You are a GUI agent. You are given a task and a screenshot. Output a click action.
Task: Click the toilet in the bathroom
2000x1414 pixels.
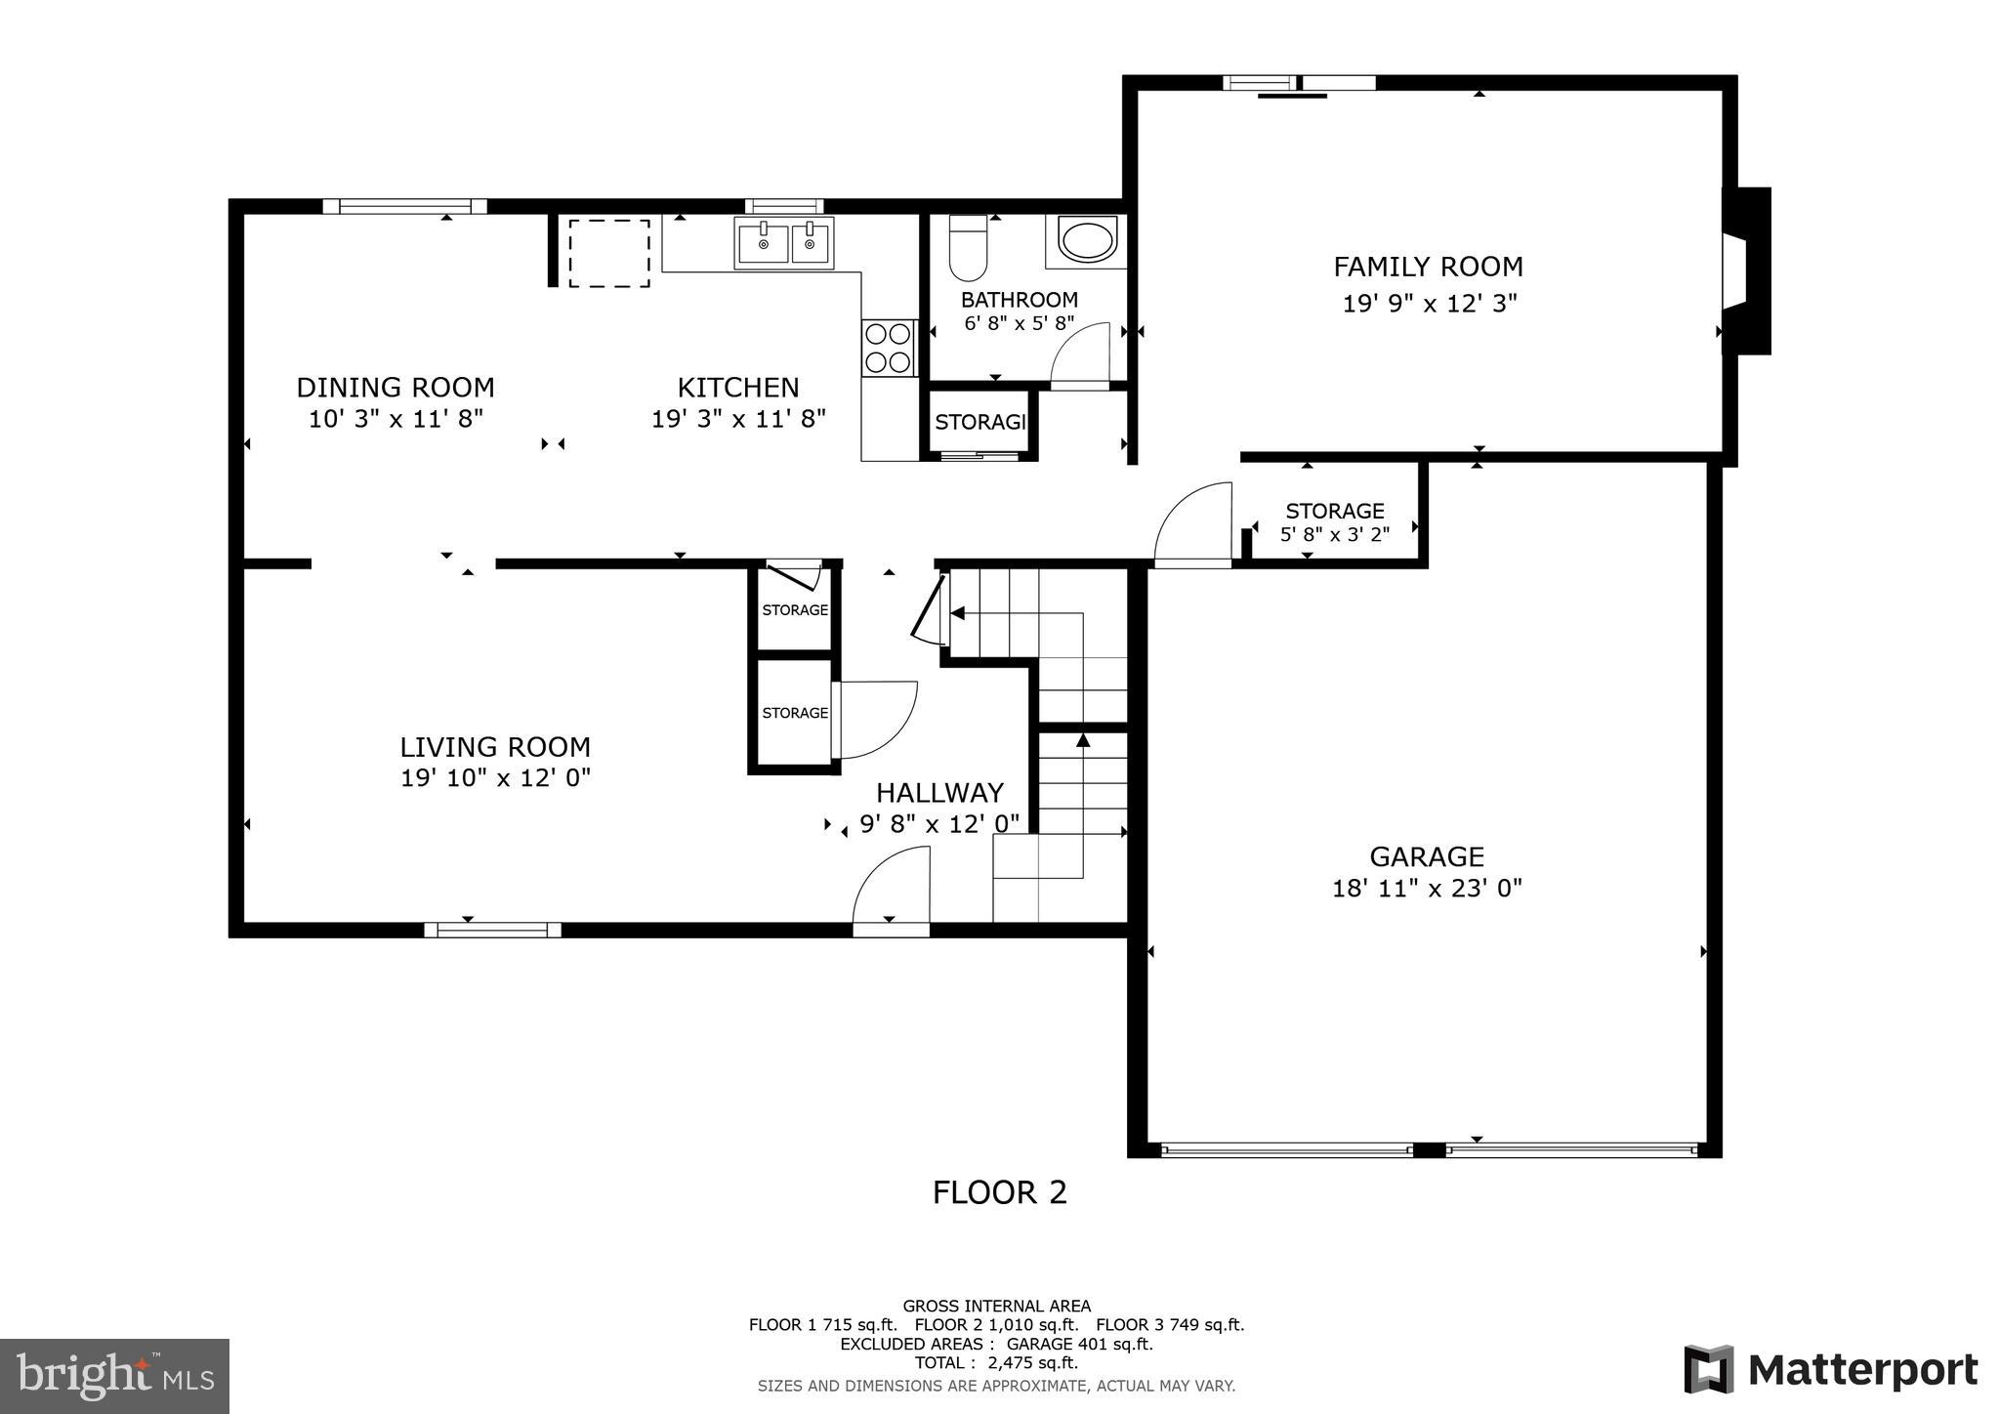coord(968,248)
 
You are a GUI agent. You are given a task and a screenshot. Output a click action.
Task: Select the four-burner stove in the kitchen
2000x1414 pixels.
coord(889,348)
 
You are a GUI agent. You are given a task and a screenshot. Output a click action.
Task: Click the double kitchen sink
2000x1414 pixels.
coord(784,243)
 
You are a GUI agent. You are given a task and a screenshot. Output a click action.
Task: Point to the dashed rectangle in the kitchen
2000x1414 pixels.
coord(609,253)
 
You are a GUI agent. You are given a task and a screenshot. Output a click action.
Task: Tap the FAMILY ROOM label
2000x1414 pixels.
coord(1428,267)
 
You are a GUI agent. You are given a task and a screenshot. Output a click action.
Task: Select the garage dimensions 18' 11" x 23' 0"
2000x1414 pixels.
coord(1427,889)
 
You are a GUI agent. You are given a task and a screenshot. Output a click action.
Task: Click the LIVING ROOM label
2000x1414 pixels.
coord(495,747)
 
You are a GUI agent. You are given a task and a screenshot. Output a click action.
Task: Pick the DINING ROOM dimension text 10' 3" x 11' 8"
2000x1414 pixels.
coord(396,419)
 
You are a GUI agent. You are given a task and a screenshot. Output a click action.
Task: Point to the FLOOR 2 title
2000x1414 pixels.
coord(999,1192)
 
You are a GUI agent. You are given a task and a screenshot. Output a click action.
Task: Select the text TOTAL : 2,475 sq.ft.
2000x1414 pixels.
coord(996,1363)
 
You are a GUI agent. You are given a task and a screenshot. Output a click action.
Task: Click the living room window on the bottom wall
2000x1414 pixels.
coord(492,930)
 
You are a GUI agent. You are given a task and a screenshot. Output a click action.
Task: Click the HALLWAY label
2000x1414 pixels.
coord(939,792)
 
